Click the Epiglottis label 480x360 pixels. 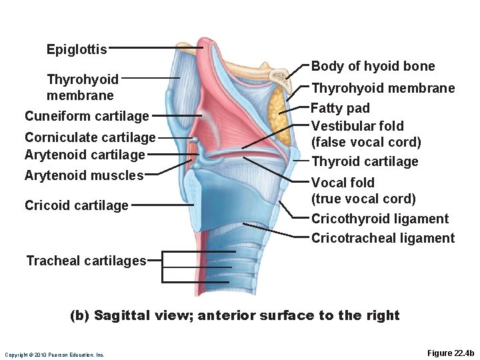pos(77,49)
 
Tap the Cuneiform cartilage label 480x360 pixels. pos(87,116)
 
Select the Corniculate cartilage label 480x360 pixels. pos(89,137)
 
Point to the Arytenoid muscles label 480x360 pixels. pos(84,175)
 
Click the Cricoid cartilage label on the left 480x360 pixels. pos(76,205)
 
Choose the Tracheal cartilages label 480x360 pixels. pos(86,261)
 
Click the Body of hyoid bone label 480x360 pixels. pos(373,66)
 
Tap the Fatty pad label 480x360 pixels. pos(341,108)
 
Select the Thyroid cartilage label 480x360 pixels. pos(365,161)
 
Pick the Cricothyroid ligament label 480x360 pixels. pos(380,219)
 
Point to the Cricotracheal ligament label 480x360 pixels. pos(383,238)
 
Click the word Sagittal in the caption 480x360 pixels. pos(125,315)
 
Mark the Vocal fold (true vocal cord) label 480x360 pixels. pos(363,191)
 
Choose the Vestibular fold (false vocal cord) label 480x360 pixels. pos(366,133)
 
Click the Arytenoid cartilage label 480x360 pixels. pos(85,155)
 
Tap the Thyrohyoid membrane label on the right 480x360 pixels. pos(383,88)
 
